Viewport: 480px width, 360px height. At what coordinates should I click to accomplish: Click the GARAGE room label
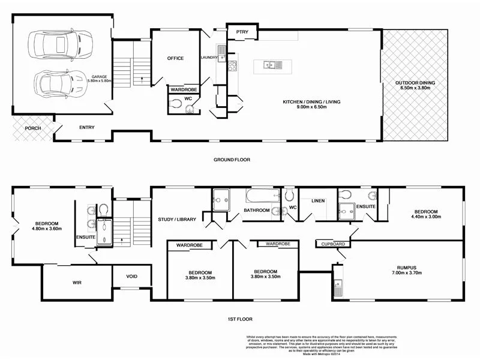pyautogui.click(x=100, y=77)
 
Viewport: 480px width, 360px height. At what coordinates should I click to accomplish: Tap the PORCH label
pyautogui.click(x=33, y=128)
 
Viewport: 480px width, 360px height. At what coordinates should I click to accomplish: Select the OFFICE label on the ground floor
pyautogui.click(x=175, y=58)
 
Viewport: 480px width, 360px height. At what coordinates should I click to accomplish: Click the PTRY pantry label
pyautogui.click(x=242, y=31)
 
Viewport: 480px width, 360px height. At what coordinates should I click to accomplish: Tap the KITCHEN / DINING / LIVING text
pyautogui.click(x=311, y=103)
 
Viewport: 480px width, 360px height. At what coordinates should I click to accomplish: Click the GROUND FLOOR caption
pyautogui.click(x=232, y=160)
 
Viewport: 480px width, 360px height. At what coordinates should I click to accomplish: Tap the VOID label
pyautogui.click(x=131, y=277)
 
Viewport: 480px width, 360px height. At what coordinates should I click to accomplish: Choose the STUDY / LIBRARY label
pyautogui.click(x=177, y=220)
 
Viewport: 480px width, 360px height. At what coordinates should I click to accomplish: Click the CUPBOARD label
pyautogui.click(x=333, y=244)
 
